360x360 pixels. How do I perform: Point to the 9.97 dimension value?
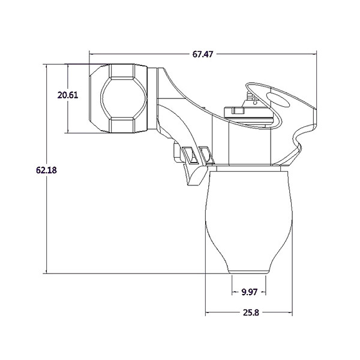249,292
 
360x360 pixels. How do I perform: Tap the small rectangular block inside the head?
234,111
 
